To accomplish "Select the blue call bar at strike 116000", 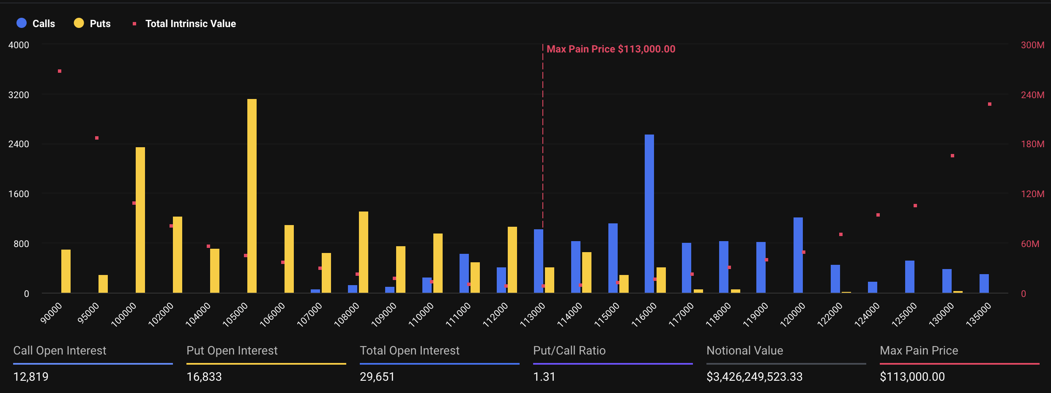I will click(x=649, y=214).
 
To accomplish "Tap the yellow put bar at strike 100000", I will click(x=140, y=220).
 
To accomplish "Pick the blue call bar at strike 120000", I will click(x=798, y=255).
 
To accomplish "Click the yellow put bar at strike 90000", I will click(x=66, y=271).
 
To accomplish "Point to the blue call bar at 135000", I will click(x=984, y=283).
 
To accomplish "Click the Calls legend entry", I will click(x=36, y=24).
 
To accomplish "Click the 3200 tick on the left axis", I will click(x=19, y=95).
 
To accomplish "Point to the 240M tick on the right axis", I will click(x=1032, y=95).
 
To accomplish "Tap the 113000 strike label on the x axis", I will click(x=533, y=315).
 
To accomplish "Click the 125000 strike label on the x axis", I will click(x=904, y=315).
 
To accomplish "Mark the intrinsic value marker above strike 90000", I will click(x=60, y=71).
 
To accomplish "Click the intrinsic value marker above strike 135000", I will click(x=990, y=104).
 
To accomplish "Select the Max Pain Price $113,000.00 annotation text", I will click(x=611, y=49).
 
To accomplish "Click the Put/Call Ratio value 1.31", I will click(x=544, y=377).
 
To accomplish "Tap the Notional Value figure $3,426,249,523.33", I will click(x=754, y=377).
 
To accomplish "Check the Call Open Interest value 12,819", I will click(x=31, y=377).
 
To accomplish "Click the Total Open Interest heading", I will click(x=409, y=351).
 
